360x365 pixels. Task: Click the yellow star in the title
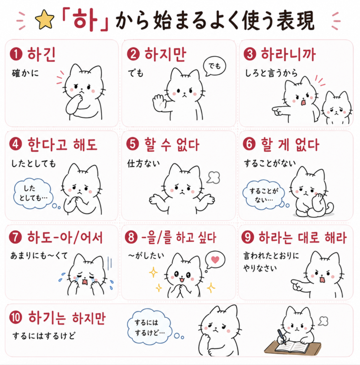click(45, 20)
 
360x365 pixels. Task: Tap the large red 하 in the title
click(85, 20)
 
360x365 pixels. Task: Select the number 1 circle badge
click(16, 54)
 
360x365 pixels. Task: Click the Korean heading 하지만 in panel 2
click(165, 54)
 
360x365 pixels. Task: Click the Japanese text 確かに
click(25, 73)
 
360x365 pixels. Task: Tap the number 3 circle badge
click(250, 54)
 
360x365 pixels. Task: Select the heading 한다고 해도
click(62, 144)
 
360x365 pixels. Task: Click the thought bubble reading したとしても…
click(33, 194)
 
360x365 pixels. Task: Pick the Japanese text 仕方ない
click(143, 163)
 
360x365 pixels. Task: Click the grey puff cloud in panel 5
click(213, 178)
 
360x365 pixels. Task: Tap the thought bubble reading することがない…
click(264, 195)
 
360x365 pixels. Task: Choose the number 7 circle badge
click(16, 237)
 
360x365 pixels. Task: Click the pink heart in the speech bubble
click(215, 259)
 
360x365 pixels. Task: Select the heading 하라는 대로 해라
click(303, 237)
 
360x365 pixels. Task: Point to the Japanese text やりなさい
click(260, 268)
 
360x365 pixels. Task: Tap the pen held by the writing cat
click(282, 336)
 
